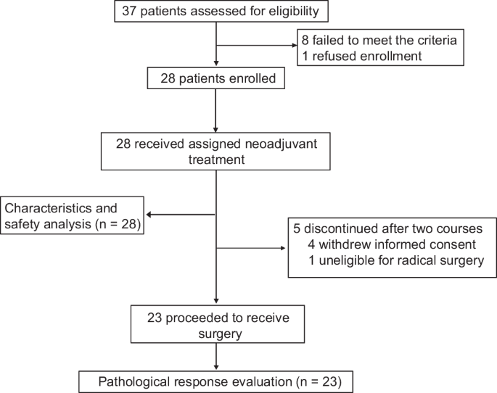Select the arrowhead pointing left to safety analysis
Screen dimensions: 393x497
point(150,215)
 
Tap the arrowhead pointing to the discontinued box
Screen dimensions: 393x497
point(284,249)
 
